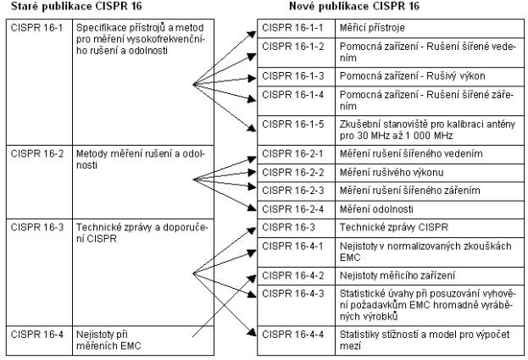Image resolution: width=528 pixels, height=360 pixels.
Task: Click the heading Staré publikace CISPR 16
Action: [76, 6]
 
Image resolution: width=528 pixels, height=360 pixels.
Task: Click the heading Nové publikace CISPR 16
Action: [354, 6]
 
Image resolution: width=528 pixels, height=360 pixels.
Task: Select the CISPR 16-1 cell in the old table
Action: [39, 82]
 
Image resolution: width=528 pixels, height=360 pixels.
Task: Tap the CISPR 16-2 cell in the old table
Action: [39, 182]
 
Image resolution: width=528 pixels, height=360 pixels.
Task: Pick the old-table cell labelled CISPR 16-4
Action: [39, 341]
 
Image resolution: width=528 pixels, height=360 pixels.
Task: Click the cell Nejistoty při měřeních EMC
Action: [143, 341]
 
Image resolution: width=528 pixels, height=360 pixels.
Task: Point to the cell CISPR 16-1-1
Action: [297, 29]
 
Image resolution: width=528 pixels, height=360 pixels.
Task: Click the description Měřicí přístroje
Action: [372, 28]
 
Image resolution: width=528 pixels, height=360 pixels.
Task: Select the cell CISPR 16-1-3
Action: [297, 77]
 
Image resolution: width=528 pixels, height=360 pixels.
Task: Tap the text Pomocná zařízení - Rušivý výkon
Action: [413, 76]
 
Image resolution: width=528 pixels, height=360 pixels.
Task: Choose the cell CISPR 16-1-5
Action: [297, 130]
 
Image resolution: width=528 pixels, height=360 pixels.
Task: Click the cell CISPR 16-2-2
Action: [297, 173]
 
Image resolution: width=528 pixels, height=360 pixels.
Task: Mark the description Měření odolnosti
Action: [376, 209]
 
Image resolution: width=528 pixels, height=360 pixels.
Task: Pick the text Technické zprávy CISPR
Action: [394, 228]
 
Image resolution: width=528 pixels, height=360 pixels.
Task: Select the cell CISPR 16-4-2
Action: [297, 276]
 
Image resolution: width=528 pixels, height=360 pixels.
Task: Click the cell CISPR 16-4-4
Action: [297, 341]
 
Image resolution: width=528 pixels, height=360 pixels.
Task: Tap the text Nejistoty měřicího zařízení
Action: [397, 276]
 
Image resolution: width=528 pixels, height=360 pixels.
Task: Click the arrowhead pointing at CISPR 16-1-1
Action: [252, 35]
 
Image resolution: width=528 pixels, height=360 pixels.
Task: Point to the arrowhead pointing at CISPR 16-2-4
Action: [252, 208]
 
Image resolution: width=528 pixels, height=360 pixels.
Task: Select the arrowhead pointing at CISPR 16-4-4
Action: [252, 332]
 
